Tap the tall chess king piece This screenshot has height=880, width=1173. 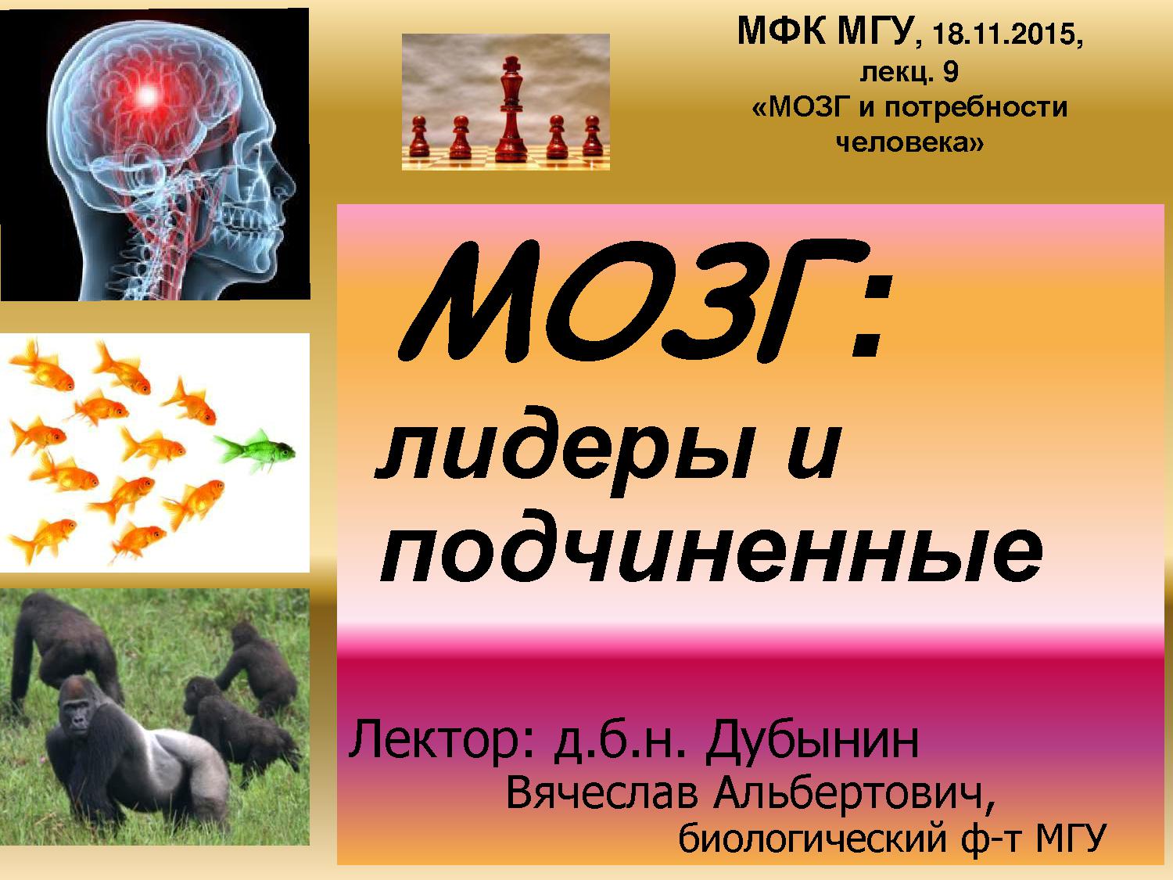coord(511,110)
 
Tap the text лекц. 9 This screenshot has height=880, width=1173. coord(909,72)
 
